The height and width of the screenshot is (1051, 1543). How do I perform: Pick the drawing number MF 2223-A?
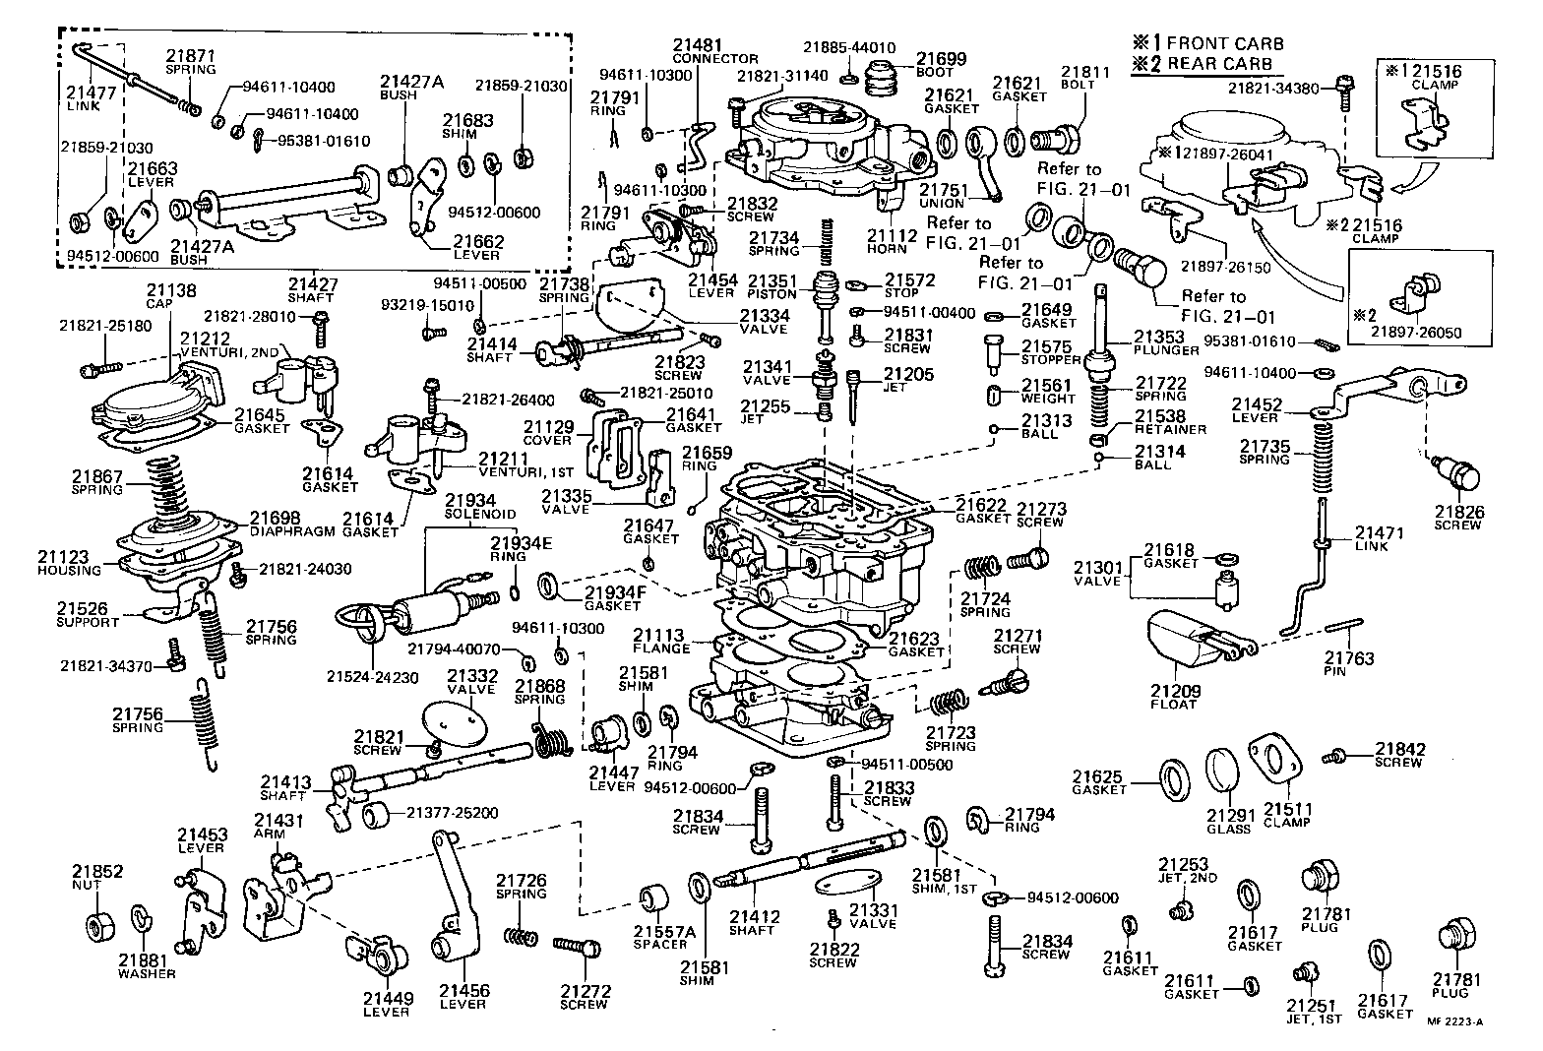pyautogui.click(x=1454, y=1022)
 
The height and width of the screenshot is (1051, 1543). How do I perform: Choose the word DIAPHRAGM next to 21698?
pyautogui.click(x=292, y=530)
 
